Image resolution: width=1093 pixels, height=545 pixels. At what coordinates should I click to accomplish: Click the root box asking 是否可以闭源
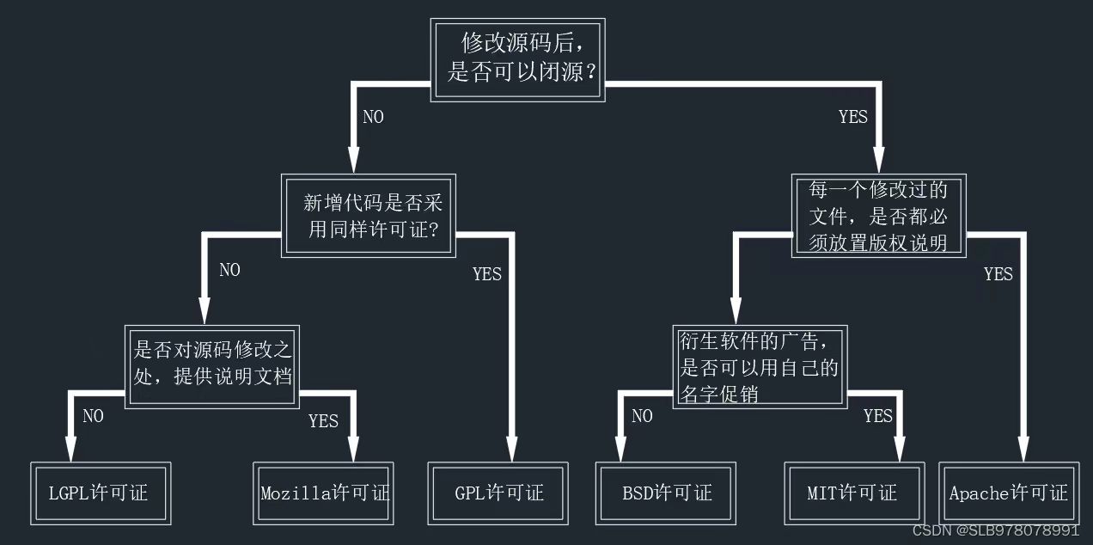pos(517,59)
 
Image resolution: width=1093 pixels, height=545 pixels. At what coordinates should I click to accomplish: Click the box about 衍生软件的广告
pos(759,366)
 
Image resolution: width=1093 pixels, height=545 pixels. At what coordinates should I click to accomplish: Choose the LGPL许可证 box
pos(100,493)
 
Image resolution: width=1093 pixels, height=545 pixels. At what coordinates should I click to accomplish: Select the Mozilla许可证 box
pos(324,493)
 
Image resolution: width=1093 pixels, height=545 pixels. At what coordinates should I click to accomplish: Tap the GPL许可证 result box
pos(499,493)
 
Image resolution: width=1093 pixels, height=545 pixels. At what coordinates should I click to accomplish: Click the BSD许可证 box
pos(667,493)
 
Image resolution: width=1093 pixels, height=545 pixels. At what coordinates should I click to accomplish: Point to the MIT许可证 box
pos(853,493)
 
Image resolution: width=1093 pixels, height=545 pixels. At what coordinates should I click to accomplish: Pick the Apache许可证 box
pos(1008,493)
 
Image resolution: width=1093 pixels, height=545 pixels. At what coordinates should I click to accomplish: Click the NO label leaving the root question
pos(373,118)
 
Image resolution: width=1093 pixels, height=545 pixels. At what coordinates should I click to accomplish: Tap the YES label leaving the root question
pos(852,118)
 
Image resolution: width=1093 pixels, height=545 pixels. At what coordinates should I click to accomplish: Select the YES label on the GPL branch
pos(486,275)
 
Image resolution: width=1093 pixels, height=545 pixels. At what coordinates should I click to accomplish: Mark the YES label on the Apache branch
pos(998,275)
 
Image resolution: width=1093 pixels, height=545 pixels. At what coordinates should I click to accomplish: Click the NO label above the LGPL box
pos(93,417)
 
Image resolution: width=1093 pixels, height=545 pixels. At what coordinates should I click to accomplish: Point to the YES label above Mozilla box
pos(323,421)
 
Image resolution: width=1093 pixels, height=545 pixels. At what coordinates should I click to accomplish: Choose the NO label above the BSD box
pos(642,417)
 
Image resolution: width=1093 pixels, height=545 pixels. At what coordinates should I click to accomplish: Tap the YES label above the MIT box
pos(877,417)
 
